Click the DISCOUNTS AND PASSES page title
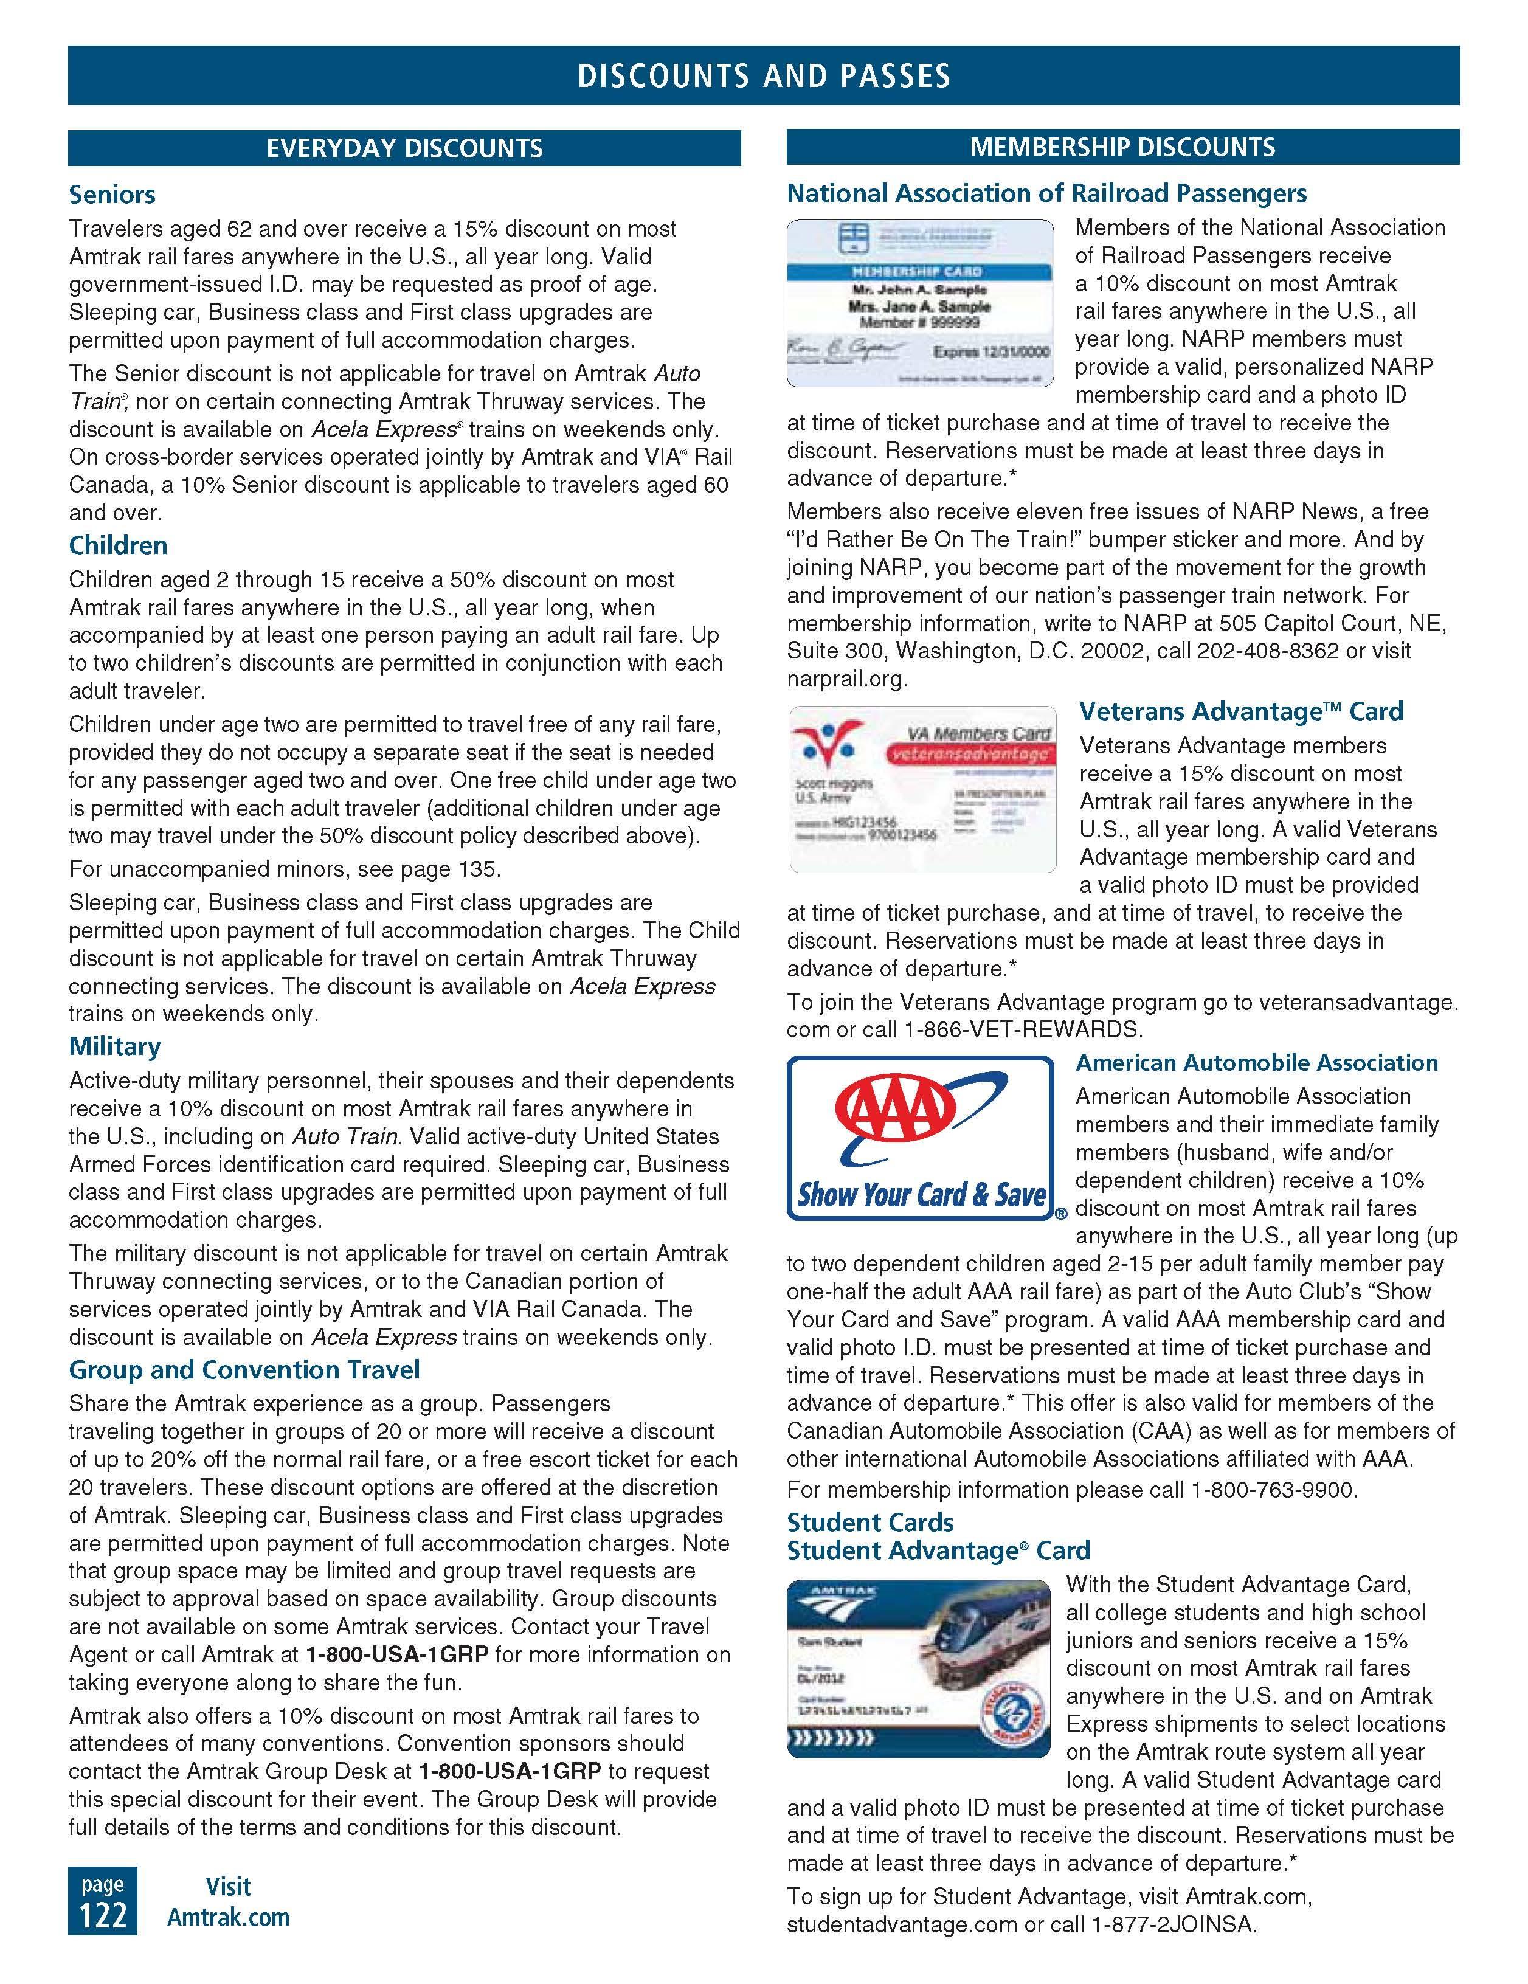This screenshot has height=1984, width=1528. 763,75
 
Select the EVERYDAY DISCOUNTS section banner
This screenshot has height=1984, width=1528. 404,148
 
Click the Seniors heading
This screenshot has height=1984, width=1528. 112,195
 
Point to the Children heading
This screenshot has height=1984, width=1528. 118,545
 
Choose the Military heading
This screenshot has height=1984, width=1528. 114,1046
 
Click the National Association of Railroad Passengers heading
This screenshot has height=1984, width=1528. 1046,193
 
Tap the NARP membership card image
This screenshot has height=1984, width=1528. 920,303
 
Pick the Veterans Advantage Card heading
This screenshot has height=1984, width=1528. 1241,711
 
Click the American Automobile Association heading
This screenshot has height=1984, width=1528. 1256,1063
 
